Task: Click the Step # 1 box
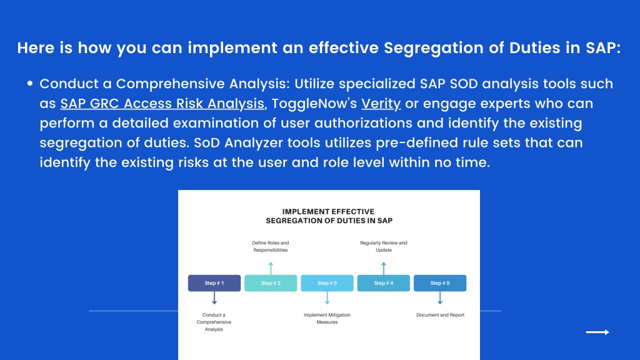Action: [x=214, y=283]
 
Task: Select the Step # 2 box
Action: [x=271, y=283]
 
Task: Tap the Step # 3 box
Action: [x=327, y=283]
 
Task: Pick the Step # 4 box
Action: [x=384, y=283]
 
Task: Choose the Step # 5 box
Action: [x=440, y=283]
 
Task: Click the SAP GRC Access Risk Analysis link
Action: [x=162, y=104]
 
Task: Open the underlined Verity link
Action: [x=381, y=104]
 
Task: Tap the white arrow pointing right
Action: [x=597, y=332]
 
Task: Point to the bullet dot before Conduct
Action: [x=30, y=83]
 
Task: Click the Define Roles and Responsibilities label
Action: [x=270, y=246]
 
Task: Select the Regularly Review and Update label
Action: [x=384, y=246]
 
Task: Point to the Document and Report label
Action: [x=440, y=315]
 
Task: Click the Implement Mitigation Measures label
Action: [x=327, y=318]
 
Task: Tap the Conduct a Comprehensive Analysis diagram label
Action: [x=214, y=322]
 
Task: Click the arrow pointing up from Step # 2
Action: [x=271, y=269]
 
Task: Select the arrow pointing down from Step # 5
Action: [x=440, y=298]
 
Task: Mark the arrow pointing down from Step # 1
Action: [x=214, y=298]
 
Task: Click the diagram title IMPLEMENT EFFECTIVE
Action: [x=328, y=211]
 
